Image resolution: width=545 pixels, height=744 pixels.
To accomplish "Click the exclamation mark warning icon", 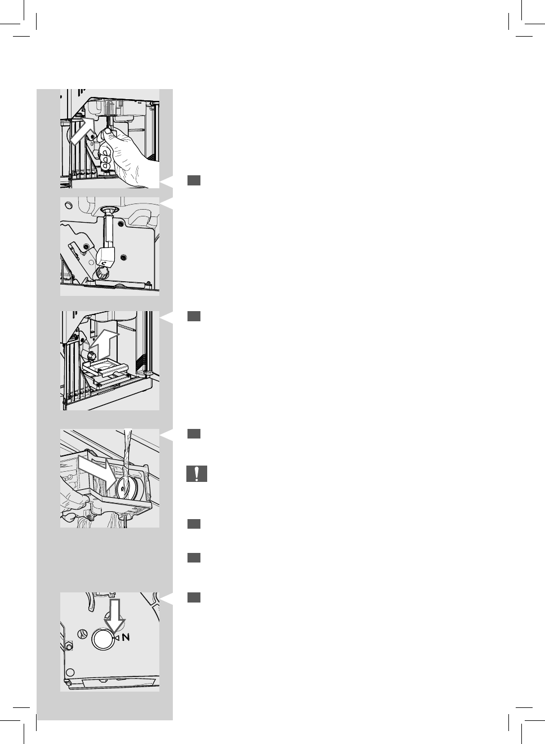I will (196, 474).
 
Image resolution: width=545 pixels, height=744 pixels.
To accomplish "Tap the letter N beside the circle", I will (126, 637).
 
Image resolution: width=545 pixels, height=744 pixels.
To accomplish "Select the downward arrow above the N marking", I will (114, 616).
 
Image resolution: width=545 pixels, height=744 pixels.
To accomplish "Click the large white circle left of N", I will (102, 639).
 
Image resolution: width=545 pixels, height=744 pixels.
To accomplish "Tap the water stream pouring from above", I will (127, 451).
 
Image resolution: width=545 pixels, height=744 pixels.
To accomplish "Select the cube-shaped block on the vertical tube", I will (106, 256).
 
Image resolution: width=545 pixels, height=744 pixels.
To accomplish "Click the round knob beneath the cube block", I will (102, 273).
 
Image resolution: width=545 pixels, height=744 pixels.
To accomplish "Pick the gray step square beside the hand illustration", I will (194, 180).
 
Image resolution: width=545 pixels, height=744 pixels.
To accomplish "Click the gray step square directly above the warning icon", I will (194, 433).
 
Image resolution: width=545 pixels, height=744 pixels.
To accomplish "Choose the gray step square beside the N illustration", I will (194, 597).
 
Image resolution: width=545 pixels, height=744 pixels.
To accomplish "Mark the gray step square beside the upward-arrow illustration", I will (194, 316).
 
